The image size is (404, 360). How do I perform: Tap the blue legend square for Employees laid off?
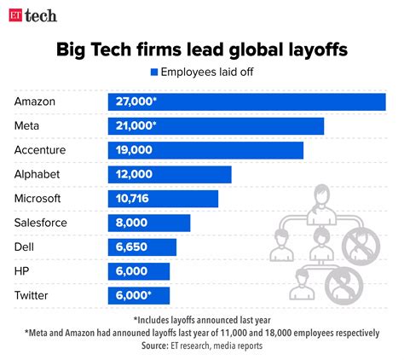tap(154, 73)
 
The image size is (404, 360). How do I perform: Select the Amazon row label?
tap(35, 102)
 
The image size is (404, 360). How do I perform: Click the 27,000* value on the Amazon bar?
tap(136, 102)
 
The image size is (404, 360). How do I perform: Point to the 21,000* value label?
tap(135, 125)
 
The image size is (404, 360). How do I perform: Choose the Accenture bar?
tap(205, 150)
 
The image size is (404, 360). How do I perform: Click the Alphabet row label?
tap(37, 174)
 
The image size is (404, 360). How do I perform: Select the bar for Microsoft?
tap(163, 199)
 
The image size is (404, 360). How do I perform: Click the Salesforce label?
tap(40, 223)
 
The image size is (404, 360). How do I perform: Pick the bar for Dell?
tap(141, 247)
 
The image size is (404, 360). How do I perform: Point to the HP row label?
tap(23, 271)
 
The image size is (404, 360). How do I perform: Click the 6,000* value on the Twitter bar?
tap(131, 295)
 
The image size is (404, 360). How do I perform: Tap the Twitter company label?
tap(32, 295)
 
